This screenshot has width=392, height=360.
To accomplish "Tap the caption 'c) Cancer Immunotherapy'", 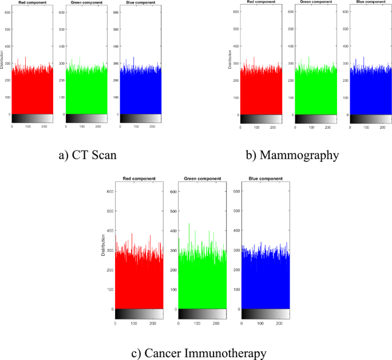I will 199,353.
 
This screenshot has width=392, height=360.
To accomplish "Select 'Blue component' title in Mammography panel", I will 370,2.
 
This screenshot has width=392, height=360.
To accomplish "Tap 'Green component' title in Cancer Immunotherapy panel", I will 202,179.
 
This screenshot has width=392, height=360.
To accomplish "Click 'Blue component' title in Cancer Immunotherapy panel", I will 265,179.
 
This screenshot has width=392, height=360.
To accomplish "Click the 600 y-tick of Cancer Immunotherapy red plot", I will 109,191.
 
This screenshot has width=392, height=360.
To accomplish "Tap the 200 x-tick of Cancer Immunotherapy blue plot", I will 279,323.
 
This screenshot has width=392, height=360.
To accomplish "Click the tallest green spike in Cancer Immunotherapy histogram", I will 189,224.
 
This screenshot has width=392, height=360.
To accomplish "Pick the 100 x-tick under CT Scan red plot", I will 28,126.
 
